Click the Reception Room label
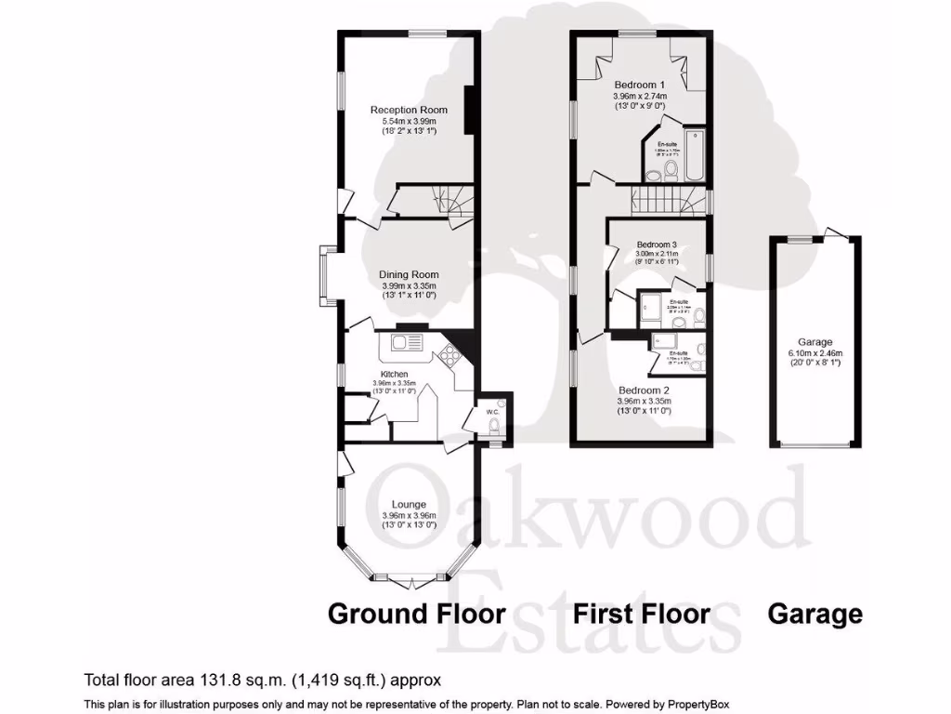[x=403, y=110]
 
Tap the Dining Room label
[x=409, y=275]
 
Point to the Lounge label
[x=409, y=505]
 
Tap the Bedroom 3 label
[x=657, y=245]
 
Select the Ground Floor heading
[x=417, y=614]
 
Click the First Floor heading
[x=641, y=614]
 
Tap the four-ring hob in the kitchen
[x=449, y=352]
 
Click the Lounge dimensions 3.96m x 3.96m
[x=409, y=516]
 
